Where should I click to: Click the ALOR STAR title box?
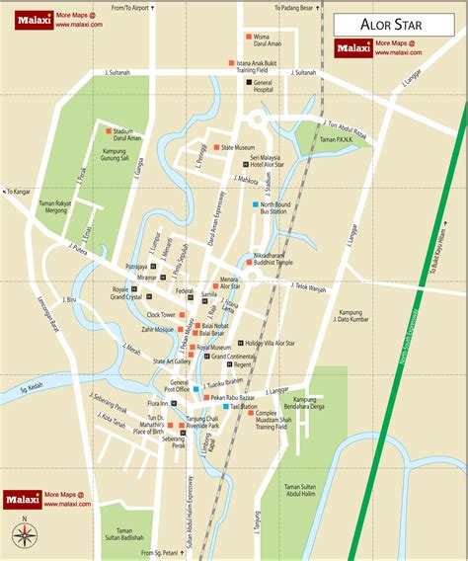(x=395, y=24)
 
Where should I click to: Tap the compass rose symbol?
(x=26, y=535)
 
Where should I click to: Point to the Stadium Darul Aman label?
(x=129, y=134)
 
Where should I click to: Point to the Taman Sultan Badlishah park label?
(x=125, y=534)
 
